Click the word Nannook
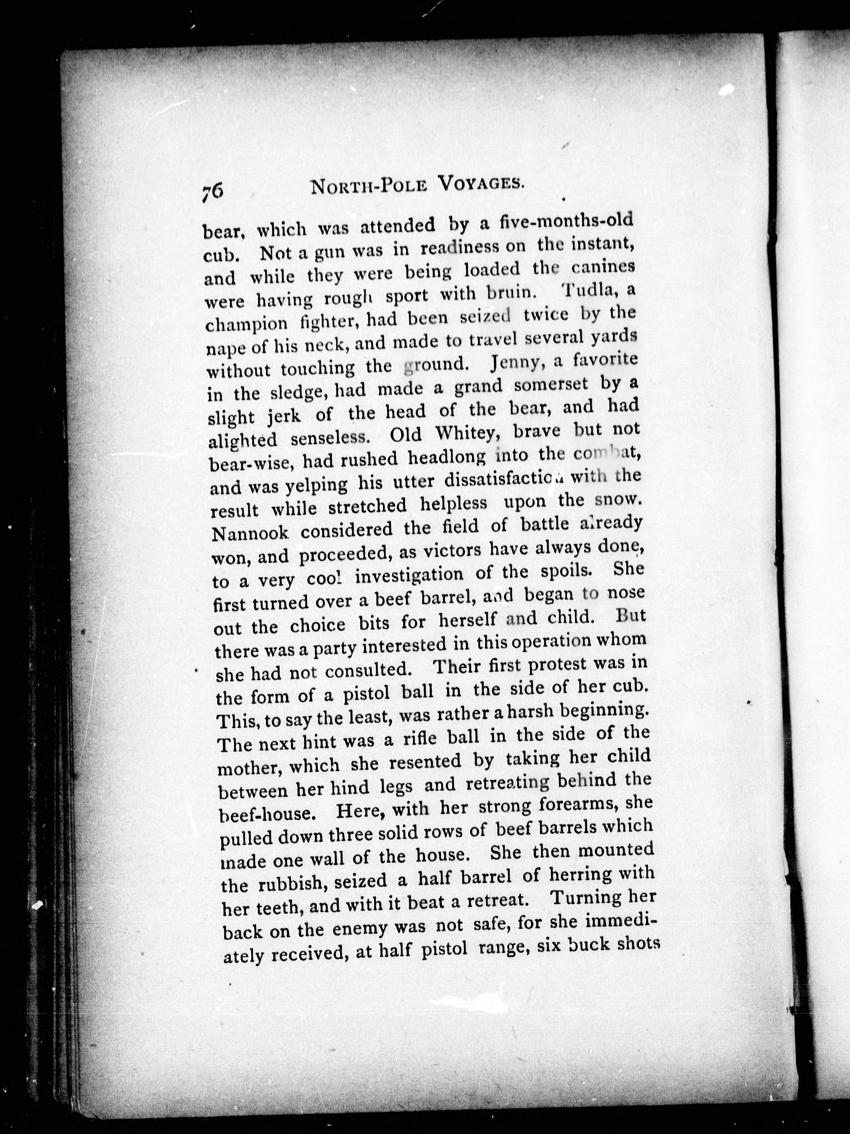click(x=251, y=533)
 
